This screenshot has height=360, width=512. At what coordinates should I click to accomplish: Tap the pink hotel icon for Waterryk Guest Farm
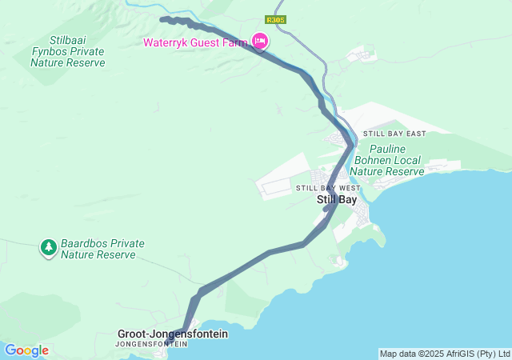[259, 41]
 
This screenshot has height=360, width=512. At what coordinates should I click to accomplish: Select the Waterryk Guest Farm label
[195, 42]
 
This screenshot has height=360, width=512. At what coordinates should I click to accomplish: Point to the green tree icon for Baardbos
[49, 247]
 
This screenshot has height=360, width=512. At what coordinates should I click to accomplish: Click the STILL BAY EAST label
[394, 134]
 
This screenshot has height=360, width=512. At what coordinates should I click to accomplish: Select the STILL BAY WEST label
[328, 188]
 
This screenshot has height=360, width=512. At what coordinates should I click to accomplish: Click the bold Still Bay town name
[337, 199]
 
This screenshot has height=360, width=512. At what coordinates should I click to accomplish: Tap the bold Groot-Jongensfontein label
[173, 333]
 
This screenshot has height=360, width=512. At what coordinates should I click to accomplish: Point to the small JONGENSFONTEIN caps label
[151, 344]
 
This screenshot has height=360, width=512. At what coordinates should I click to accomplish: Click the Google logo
[26, 350]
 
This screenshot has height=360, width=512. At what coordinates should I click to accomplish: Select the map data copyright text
[444, 354]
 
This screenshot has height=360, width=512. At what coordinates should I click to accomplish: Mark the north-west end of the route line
[162, 18]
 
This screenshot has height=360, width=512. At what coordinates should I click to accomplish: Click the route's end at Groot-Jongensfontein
[170, 342]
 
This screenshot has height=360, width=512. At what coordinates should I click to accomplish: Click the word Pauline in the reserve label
[387, 149]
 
